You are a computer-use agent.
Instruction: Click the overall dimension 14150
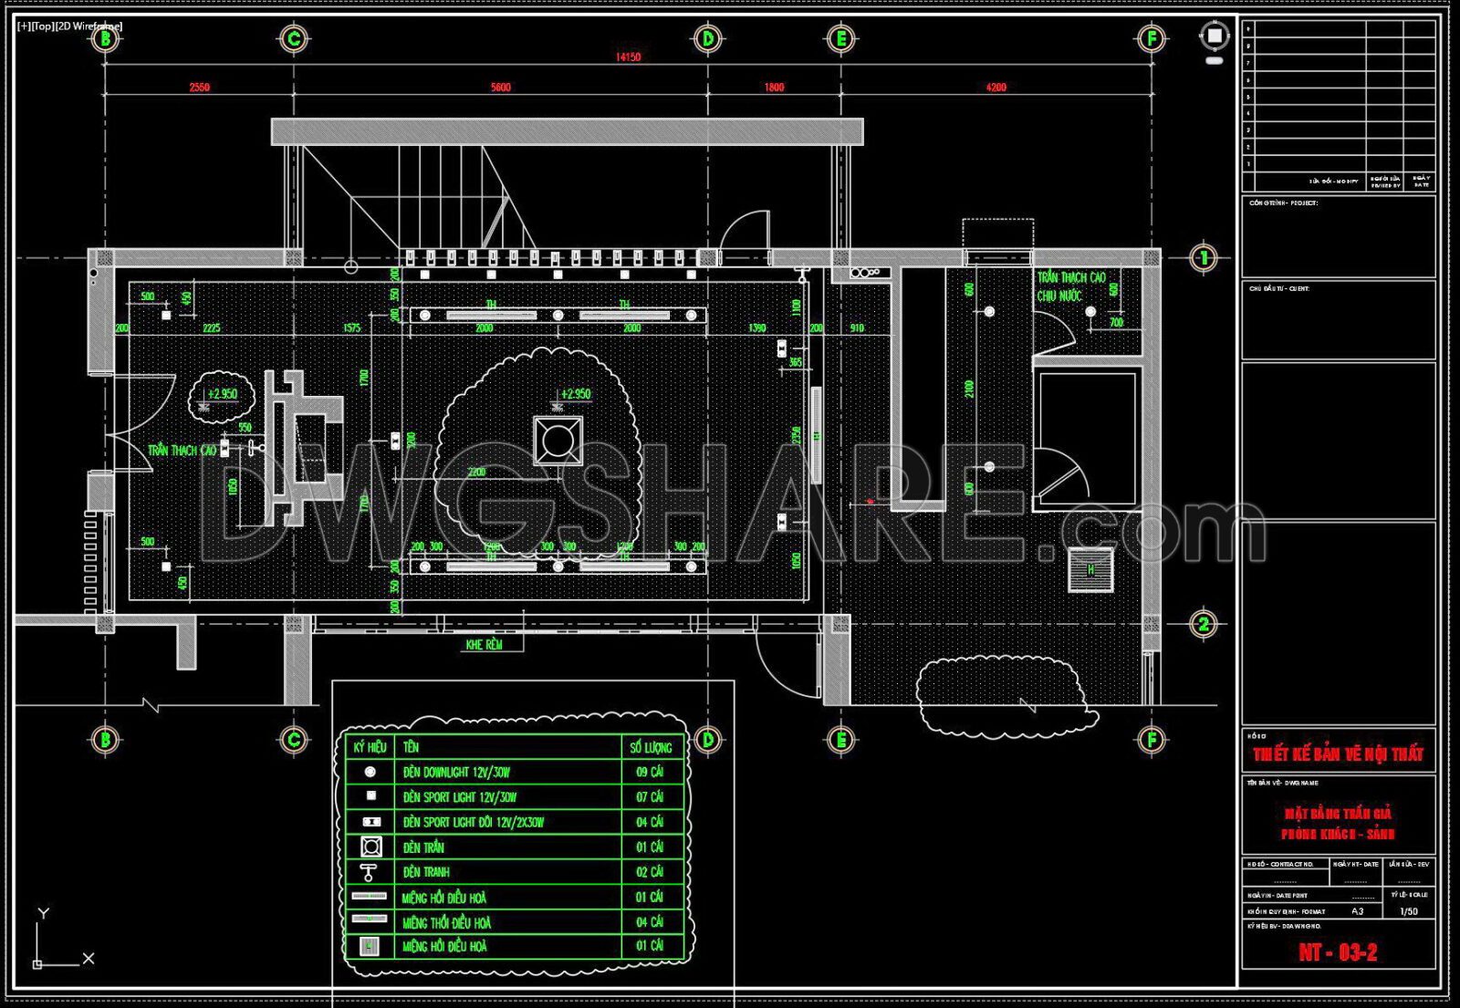628,57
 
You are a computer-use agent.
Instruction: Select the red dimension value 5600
501,88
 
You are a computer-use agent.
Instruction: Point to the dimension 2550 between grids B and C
199,88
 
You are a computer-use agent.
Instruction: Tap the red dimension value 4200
996,88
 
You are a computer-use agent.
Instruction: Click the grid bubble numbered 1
1204,258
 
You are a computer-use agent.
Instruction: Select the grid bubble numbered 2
1204,624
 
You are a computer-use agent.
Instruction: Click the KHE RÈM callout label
484,645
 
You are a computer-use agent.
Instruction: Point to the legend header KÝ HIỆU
370,747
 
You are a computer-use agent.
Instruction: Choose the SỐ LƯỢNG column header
651,747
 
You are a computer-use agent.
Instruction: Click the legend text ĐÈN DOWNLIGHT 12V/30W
456,772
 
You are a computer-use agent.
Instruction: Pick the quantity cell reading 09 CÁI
650,772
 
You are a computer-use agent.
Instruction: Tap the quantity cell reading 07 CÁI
650,796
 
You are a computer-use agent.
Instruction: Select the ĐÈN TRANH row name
426,872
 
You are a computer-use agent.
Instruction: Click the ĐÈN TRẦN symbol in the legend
370,847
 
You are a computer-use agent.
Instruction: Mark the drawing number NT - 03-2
1338,952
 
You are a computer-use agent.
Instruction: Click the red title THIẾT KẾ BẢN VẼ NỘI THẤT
1338,753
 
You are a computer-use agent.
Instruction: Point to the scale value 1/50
1409,911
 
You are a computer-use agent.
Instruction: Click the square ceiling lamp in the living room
558,441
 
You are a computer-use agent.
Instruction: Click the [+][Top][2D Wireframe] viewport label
70,26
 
